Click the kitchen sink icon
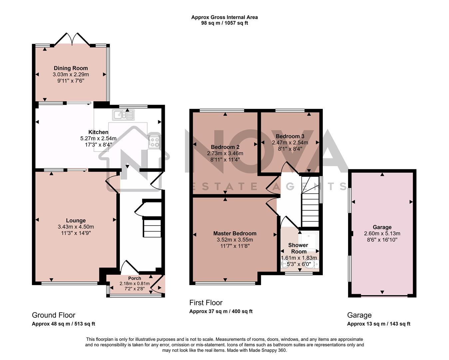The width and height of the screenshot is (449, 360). click(x=123, y=115)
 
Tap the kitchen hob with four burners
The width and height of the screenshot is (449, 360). click(x=154, y=142)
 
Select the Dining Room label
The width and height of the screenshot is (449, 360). click(x=71, y=68)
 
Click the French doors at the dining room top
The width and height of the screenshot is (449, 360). click(x=72, y=39)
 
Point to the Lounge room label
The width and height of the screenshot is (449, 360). click(x=76, y=220)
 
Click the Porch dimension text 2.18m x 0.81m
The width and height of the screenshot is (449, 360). click(x=135, y=284)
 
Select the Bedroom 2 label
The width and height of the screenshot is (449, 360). click(x=225, y=147)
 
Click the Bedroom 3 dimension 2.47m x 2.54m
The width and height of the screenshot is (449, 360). click(x=290, y=142)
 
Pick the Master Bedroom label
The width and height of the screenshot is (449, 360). click(x=235, y=233)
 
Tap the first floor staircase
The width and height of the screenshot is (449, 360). click(x=310, y=203)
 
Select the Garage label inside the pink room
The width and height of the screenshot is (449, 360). click(x=382, y=227)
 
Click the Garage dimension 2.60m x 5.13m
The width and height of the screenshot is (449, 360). click(x=382, y=234)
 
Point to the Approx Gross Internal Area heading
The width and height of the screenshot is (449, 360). click(x=224, y=17)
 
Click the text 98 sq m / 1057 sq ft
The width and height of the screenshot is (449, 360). click(x=224, y=23)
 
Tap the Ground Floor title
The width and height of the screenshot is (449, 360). click(x=54, y=315)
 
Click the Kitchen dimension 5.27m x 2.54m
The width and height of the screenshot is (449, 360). click(x=98, y=138)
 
